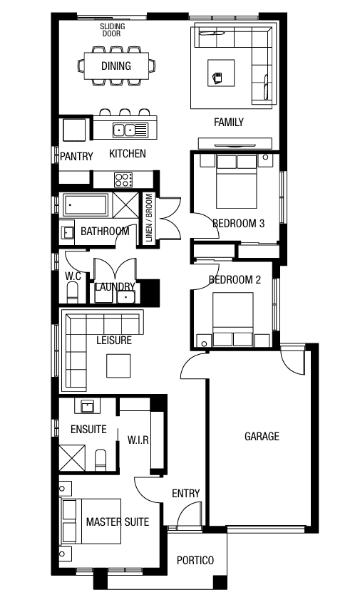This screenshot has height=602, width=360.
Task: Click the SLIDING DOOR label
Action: [113, 30]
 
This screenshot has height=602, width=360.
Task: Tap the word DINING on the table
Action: [116, 66]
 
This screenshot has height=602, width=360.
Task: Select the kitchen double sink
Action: [125, 130]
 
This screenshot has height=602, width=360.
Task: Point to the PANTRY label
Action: [76, 156]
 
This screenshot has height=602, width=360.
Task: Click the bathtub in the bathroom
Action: [86, 205]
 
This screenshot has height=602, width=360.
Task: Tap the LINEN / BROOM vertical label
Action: [149, 217]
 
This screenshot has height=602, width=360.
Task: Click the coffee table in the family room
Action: [221, 73]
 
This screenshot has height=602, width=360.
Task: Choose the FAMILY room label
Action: [229, 122]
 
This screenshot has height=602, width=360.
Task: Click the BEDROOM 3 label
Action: [239, 223]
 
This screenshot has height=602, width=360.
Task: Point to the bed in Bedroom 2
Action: [233, 319]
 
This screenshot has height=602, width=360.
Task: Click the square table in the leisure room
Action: [118, 366]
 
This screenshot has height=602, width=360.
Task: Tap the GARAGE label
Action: [262, 436]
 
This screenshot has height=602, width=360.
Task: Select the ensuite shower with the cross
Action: [72, 457]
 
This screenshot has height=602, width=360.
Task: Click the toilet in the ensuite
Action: [101, 460]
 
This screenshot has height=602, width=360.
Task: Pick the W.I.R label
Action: [138, 440]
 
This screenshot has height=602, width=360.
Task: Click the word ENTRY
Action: [186, 493]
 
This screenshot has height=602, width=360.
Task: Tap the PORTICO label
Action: [195, 560]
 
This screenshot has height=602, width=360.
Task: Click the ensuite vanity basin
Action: [87, 406]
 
